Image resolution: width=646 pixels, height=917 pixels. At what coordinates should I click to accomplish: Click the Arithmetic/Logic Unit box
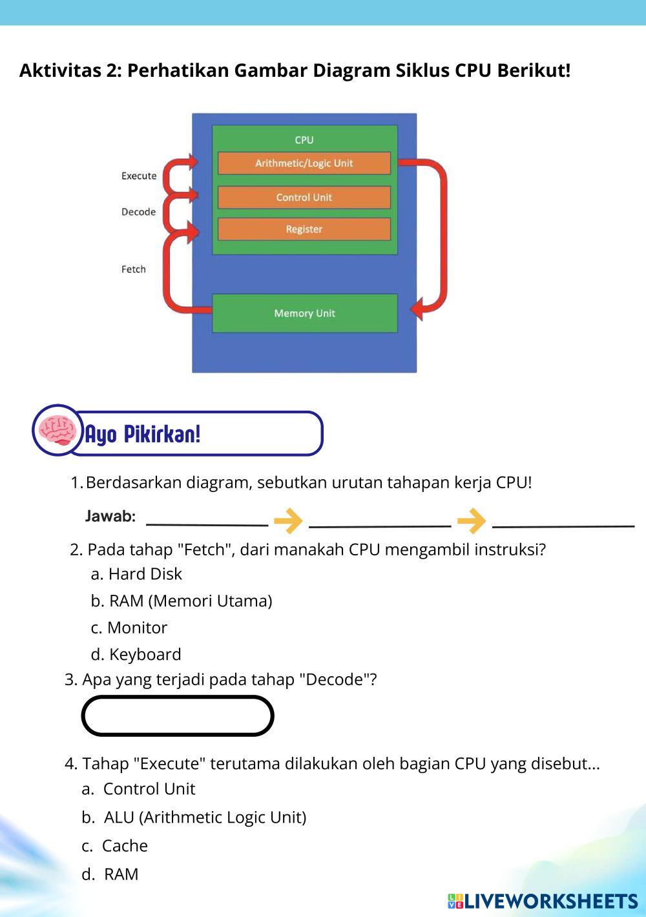click(304, 163)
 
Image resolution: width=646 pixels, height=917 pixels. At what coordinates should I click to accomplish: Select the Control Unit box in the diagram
click(304, 198)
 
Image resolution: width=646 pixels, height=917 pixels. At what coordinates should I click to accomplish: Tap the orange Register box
click(304, 229)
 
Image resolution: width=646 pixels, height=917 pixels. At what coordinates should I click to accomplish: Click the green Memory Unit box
click(304, 313)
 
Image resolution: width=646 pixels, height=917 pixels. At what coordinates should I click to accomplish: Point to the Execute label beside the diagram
click(139, 176)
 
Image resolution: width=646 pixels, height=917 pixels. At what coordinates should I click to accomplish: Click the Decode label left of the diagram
click(138, 212)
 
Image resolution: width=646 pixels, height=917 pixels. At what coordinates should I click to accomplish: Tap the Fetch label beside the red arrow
click(134, 269)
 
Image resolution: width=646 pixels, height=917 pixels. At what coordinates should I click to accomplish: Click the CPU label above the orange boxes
click(304, 140)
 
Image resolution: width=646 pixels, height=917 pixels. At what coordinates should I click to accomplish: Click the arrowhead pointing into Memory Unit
click(419, 307)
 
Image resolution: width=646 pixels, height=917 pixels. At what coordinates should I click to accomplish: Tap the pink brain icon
click(57, 429)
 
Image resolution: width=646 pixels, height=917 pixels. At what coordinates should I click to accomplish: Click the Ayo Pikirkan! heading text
click(143, 434)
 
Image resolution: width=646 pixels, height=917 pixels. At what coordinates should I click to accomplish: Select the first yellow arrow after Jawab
click(288, 520)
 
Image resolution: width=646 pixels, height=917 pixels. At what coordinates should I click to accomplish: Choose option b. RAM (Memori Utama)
click(182, 601)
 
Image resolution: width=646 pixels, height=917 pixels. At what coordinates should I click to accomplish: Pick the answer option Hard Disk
click(136, 573)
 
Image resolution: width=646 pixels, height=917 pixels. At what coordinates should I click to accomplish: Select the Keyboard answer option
click(136, 654)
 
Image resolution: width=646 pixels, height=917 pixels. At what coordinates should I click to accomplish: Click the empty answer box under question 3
click(178, 716)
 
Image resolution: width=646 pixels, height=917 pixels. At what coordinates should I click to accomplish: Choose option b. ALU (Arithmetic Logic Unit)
click(194, 817)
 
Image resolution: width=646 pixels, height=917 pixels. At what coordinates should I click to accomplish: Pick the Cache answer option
click(115, 845)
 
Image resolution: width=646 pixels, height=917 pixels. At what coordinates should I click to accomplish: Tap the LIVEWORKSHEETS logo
click(543, 901)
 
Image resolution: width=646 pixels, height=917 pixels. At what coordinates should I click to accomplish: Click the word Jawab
click(110, 517)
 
